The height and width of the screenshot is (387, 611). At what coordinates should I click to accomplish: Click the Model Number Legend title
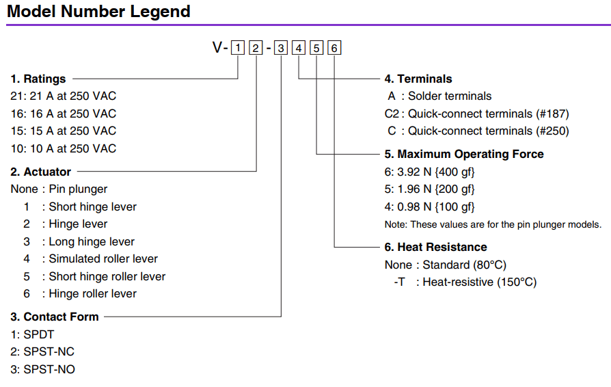point(98,12)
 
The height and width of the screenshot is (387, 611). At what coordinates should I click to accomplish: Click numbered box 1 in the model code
point(237,48)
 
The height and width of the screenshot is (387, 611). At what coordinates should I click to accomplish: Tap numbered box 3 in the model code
point(281,48)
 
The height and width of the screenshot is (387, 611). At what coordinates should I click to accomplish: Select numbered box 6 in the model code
point(334,48)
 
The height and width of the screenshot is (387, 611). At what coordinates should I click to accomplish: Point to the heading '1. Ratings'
point(38,79)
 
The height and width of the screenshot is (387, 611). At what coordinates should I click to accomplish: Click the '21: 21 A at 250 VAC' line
point(64,96)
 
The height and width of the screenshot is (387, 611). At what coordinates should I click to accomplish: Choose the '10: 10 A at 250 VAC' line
point(64,148)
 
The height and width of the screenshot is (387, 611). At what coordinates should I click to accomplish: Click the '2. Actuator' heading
point(41,172)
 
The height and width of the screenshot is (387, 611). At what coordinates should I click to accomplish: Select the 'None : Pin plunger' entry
point(59,189)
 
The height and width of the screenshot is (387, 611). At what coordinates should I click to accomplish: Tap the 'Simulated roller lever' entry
point(103,258)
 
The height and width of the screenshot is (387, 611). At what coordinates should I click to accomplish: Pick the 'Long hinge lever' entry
point(92,241)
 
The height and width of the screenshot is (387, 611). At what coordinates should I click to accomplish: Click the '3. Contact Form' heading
point(55,317)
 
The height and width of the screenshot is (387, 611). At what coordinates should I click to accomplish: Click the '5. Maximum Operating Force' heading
point(464,154)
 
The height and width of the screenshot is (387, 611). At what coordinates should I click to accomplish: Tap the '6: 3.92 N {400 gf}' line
point(429,172)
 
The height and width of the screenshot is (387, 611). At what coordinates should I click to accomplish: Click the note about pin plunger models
point(493,224)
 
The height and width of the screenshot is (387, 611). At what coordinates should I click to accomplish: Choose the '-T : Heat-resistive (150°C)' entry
point(465,282)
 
